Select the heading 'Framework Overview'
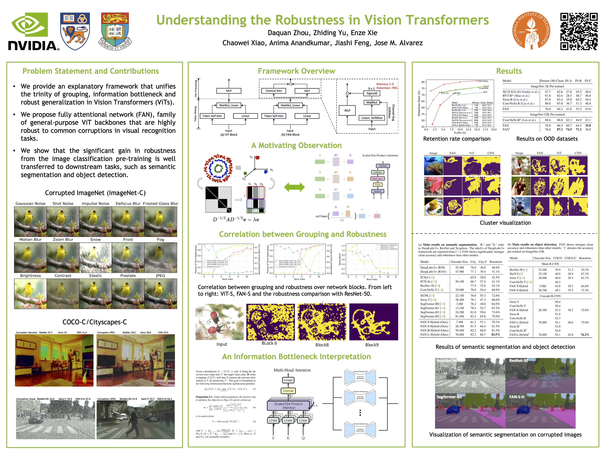(x=296, y=71)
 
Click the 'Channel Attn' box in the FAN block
(x=273, y=91)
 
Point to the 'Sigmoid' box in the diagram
(x=372, y=93)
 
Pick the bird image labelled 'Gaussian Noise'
(x=30, y=221)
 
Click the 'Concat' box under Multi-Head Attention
(x=288, y=391)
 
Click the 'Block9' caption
(x=372, y=345)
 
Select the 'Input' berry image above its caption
(x=220, y=322)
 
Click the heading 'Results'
(x=509, y=71)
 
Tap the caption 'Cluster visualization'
(x=505, y=223)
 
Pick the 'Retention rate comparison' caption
(x=457, y=139)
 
